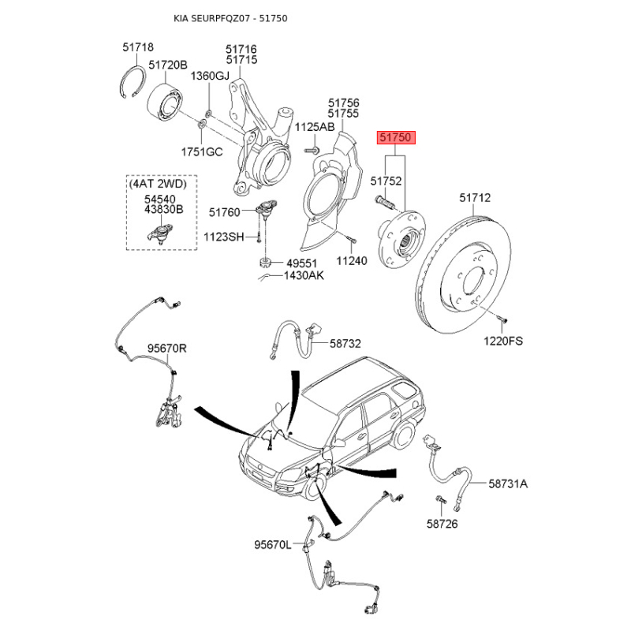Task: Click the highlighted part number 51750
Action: click(x=396, y=137)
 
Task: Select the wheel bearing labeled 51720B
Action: click(x=165, y=103)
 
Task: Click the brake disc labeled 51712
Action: click(x=464, y=274)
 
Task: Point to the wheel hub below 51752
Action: click(x=401, y=239)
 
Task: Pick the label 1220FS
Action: click(x=503, y=342)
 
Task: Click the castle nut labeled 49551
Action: click(x=264, y=263)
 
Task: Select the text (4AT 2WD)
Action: click(x=158, y=184)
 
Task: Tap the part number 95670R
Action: click(x=167, y=348)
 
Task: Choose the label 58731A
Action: click(x=508, y=484)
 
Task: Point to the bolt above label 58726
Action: click(x=441, y=500)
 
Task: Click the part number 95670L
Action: click(x=272, y=545)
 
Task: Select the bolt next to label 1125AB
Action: click(x=312, y=151)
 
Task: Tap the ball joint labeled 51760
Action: click(x=266, y=210)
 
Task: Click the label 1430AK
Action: click(x=304, y=275)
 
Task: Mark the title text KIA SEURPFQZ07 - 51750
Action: click(x=230, y=18)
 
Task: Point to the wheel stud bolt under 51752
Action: click(x=385, y=202)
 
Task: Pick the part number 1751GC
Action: click(x=202, y=152)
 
